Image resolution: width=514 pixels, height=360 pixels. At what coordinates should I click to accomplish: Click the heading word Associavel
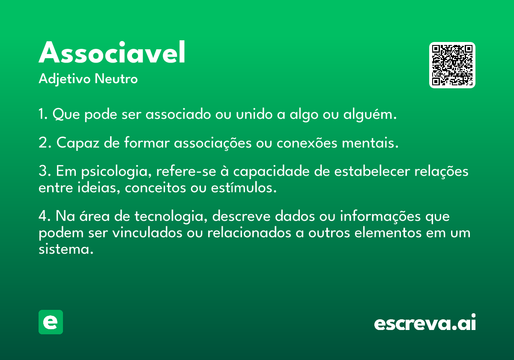[112, 53]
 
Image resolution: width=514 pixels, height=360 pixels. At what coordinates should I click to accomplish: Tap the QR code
[452, 65]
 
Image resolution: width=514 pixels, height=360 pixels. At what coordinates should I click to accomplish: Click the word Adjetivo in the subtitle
[65, 79]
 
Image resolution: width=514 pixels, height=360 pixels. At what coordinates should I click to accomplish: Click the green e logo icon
[51, 322]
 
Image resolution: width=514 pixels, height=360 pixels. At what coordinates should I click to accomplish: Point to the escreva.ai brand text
[425, 323]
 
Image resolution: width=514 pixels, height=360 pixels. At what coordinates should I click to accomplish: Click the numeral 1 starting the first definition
[42, 114]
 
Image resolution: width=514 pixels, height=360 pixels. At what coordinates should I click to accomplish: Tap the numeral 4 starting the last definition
[42, 216]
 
